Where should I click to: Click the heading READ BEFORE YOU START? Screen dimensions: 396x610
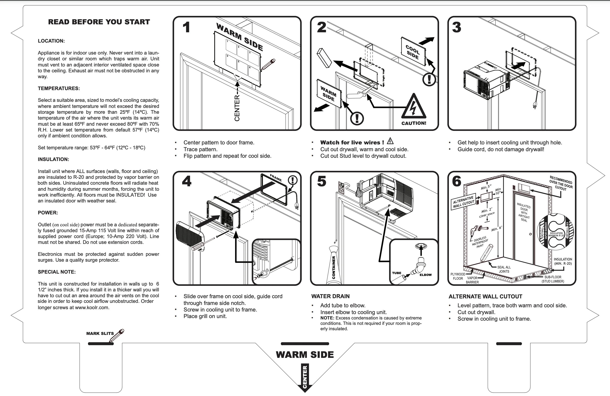point(99,22)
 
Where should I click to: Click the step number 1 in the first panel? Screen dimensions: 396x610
point(186,27)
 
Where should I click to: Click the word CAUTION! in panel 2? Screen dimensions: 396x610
point(414,123)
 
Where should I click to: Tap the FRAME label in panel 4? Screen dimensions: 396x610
point(276,178)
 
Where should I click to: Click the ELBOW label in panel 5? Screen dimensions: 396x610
point(425,275)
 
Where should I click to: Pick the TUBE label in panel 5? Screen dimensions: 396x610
point(396,273)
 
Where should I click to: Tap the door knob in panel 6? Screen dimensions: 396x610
point(530,234)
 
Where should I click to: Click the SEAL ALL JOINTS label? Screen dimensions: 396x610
point(504,269)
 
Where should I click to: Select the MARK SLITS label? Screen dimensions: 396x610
point(100,334)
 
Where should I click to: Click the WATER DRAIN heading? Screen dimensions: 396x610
point(330,297)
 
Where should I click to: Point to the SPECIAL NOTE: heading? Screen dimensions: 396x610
point(57,272)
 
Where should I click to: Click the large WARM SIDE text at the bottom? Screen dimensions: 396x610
point(305,355)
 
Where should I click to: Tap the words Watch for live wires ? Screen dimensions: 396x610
point(352,143)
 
